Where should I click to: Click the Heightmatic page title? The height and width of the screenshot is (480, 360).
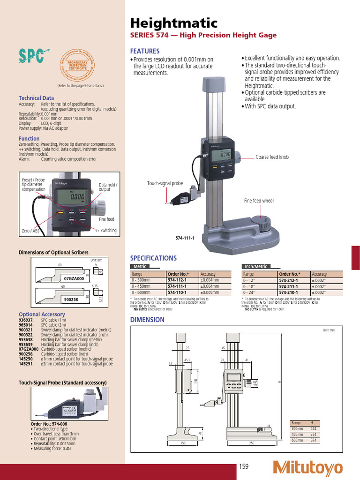click(x=173, y=23)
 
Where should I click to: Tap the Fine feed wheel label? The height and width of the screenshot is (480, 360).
click(x=258, y=201)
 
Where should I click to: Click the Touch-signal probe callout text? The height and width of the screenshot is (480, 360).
click(x=165, y=184)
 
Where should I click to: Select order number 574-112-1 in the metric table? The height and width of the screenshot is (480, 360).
click(x=177, y=280)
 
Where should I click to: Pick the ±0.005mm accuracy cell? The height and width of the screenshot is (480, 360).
click(x=210, y=292)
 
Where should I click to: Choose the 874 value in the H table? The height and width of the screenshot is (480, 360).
click(x=314, y=440)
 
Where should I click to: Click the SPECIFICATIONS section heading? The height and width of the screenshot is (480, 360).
click(x=153, y=258)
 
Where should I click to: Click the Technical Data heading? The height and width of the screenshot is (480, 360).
click(x=36, y=98)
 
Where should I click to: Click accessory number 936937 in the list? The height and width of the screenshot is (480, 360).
click(x=26, y=320)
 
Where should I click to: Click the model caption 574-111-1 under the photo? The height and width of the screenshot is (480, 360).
click(x=185, y=238)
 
